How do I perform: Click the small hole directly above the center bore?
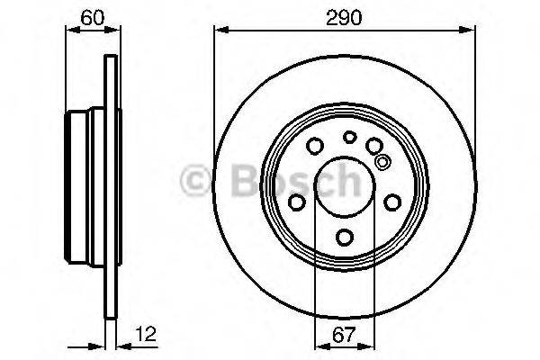tap(349, 138)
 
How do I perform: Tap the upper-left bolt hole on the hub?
tap(316, 147)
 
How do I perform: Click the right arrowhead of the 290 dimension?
tap(470, 31)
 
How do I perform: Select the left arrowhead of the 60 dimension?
tap(73, 31)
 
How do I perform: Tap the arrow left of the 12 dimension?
tap(97, 346)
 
